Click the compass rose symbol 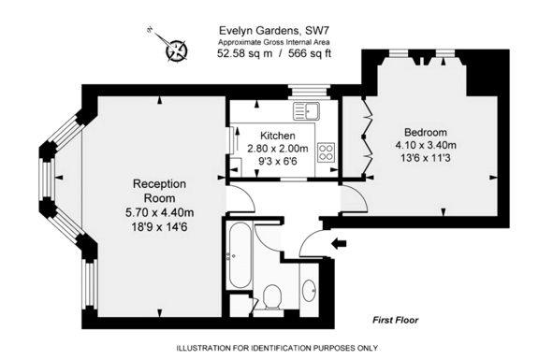click(x=176, y=50)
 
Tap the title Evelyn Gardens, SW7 click(x=275, y=30)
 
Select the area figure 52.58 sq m click(x=245, y=53)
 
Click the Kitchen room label click(x=278, y=136)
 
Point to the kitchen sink click(x=306, y=111)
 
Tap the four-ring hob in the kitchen click(x=326, y=152)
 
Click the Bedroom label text click(x=426, y=132)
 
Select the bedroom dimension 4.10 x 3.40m click(x=426, y=145)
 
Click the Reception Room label click(x=159, y=191)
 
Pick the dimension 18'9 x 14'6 click(x=159, y=226)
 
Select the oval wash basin click(x=310, y=290)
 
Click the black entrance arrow click(x=340, y=243)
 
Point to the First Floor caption click(x=396, y=320)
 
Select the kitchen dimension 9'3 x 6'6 click(x=278, y=161)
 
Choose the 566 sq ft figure click(x=310, y=53)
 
